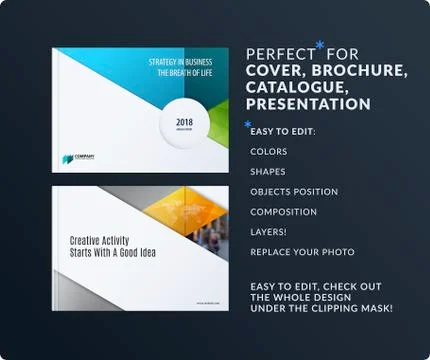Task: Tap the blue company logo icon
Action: point(67,157)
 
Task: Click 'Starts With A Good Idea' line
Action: point(113,253)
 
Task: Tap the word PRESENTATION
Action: point(308,104)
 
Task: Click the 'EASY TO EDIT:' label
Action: point(282,131)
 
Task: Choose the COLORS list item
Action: point(269,152)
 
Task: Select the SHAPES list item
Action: point(268,172)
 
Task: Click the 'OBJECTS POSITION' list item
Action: point(294,192)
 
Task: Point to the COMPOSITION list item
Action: point(283,212)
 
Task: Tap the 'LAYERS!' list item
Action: point(267,232)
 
